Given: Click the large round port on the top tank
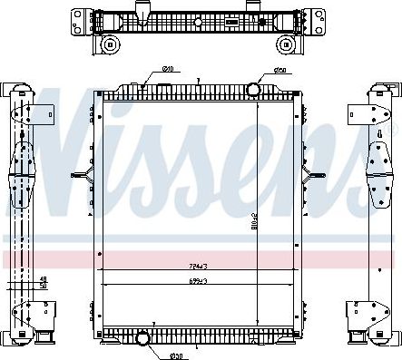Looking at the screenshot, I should [253, 88].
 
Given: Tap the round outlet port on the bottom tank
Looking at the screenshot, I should [142, 339].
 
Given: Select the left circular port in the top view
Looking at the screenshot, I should [110, 44].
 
